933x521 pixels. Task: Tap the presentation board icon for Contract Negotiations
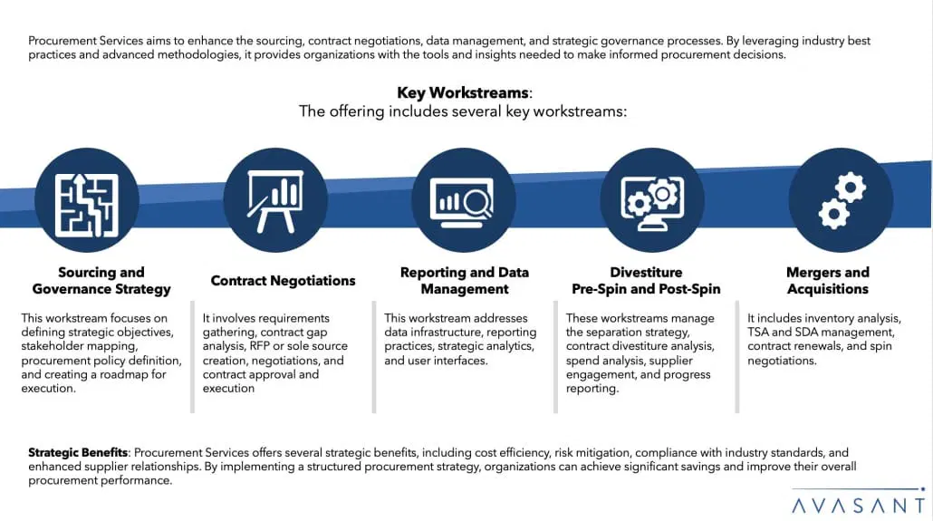(274, 200)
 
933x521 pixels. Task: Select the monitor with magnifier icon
(464, 200)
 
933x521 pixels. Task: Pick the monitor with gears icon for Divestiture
(652, 200)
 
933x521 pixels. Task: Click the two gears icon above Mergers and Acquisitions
(841, 200)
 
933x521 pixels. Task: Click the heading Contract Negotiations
(283, 281)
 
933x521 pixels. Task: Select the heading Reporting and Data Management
(464, 281)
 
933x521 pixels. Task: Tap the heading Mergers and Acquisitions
(827, 281)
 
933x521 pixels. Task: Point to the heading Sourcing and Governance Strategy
(101, 281)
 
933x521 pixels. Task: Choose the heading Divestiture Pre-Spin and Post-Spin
(646, 281)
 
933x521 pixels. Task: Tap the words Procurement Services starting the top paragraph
(82, 41)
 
